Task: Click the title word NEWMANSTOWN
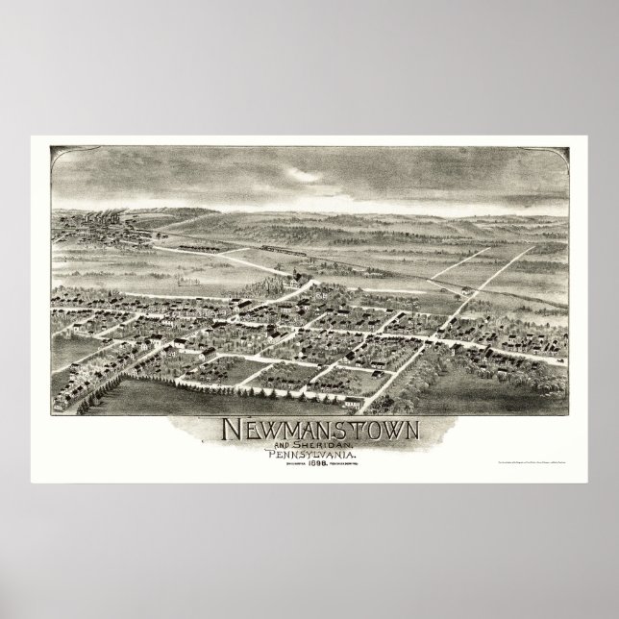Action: tap(309, 426)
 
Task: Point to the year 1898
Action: tap(309, 463)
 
